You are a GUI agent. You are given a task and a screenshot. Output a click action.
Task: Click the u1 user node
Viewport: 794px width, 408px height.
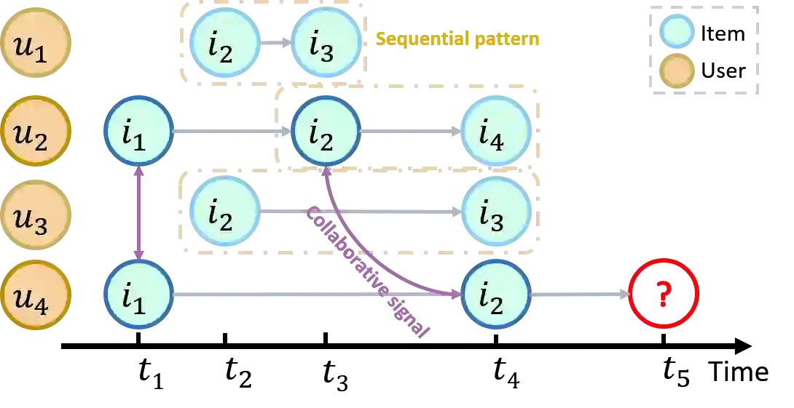[34, 43]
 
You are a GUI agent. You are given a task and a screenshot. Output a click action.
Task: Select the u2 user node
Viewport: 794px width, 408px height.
[34, 132]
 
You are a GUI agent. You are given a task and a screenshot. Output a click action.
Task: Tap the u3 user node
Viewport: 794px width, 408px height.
[34, 215]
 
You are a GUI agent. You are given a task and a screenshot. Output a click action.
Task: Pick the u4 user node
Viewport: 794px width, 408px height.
[34, 295]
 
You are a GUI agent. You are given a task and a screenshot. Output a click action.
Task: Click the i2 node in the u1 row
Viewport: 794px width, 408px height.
[224, 43]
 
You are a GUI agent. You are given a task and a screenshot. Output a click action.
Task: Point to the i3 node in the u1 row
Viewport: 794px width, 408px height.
[326, 43]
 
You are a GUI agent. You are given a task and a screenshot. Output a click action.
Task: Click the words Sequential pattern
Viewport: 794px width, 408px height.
[457, 39]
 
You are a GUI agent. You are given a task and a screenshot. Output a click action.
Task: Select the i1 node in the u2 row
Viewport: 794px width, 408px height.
[138, 132]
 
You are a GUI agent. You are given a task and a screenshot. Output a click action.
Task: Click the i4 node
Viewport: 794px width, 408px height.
[495, 132]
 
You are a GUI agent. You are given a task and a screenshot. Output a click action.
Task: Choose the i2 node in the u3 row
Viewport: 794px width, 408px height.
[224, 212]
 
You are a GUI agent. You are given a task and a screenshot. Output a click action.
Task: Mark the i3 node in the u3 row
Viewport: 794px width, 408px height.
[495, 212]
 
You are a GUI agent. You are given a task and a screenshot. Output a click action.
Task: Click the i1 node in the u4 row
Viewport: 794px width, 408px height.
[138, 295]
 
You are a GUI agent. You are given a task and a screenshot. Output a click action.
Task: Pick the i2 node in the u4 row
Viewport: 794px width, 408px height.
[495, 295]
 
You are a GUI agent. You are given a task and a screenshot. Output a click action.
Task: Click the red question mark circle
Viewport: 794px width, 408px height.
[664, 293]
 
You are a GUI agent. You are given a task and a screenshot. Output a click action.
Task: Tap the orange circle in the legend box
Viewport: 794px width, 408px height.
[677, 70]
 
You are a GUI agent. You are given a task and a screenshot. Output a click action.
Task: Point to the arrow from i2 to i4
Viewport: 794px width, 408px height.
[410, 132]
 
